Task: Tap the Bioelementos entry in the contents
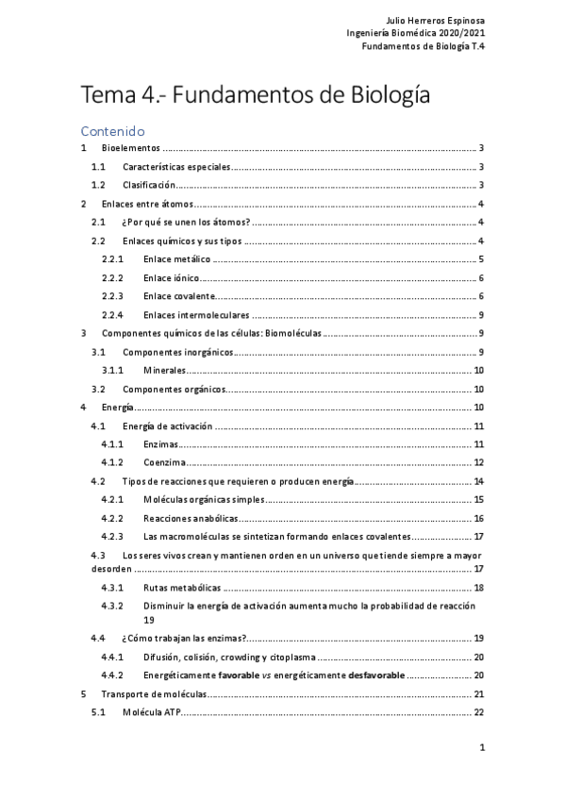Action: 131,148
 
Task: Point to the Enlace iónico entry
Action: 170,277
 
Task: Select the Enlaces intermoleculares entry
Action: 196,314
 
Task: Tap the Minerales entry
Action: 165,370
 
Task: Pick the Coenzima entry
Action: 164,462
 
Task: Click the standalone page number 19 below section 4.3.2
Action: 149,620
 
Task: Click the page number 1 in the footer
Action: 481,748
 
